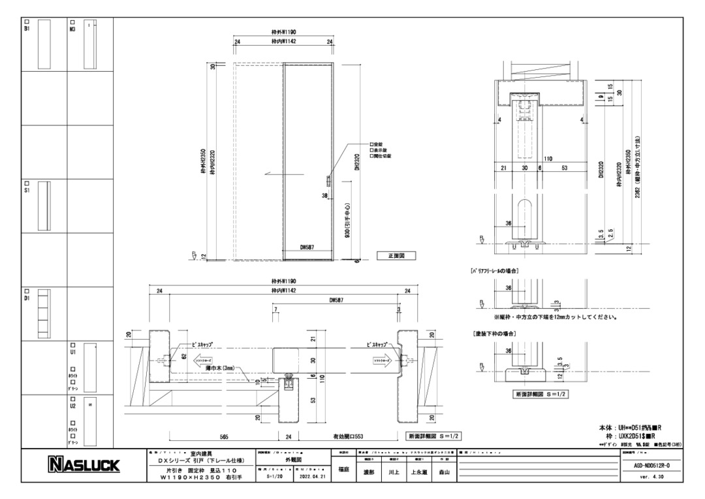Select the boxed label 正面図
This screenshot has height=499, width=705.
tap(397, 255)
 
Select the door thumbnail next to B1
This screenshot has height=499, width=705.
tap(44, 44)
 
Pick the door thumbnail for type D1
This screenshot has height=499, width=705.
tap(44, 314)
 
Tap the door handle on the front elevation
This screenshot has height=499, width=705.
tap(328, 180)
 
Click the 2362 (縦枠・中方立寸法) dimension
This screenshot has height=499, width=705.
tap(636, 167)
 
